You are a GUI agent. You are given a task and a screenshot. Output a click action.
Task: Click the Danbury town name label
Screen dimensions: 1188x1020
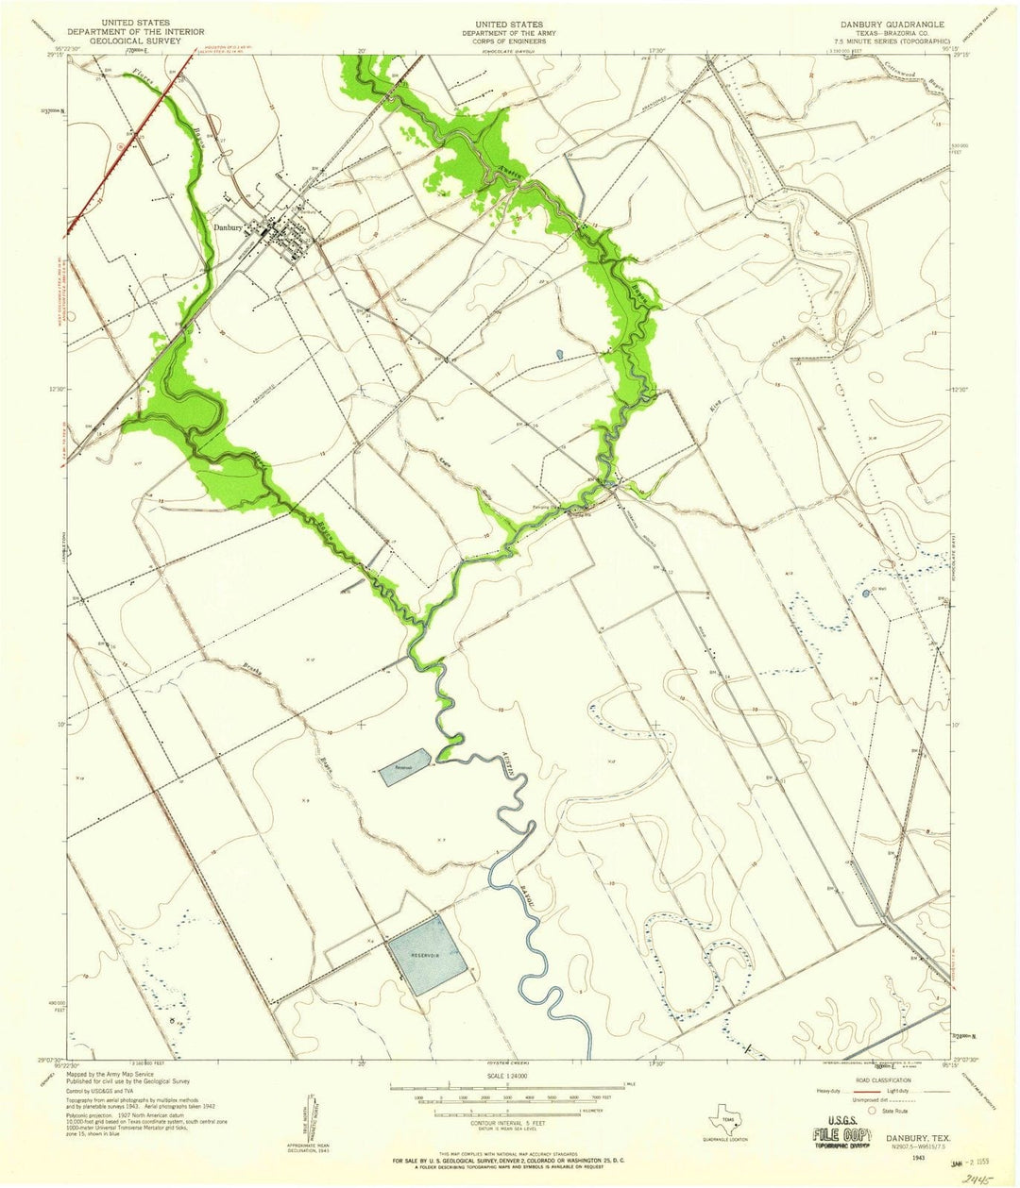229,226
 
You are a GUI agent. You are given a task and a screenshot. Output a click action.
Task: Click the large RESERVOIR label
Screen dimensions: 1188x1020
425,955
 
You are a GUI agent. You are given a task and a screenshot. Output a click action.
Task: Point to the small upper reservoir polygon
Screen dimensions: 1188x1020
405,764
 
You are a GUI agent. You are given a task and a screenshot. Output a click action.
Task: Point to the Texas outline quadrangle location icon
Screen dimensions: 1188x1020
726,1124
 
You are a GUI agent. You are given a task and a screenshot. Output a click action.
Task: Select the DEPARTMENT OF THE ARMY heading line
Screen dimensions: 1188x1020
510,32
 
